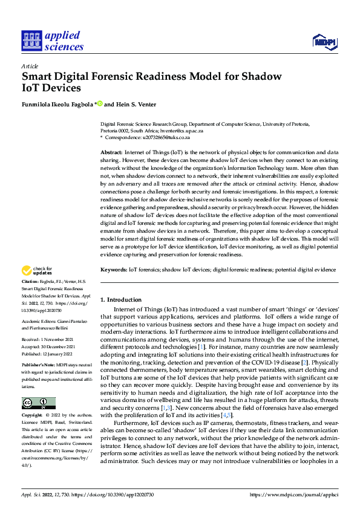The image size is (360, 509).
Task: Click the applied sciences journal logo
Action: click(52, 40)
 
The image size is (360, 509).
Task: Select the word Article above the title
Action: click(30, 65)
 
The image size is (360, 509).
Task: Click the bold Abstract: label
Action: click(111, 153)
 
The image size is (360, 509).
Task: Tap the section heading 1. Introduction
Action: click(120, 300)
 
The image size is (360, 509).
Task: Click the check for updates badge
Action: click(38, 271)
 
